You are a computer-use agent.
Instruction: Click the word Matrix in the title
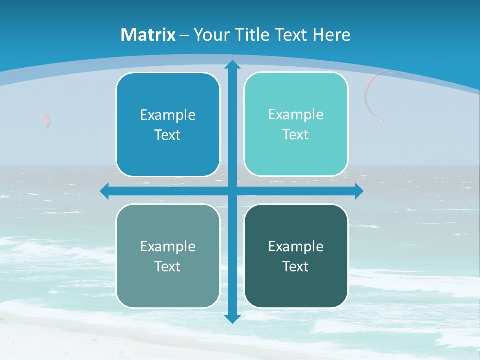pos(148,35)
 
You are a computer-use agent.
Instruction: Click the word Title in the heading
pos(252,35)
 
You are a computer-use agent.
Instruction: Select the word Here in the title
pos(332,35)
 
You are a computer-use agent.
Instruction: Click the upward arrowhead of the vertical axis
pos(232,64)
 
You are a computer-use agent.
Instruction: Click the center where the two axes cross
pos(232,191)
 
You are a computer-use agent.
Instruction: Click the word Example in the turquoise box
pos(296,114)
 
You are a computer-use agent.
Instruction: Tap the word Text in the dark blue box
pos(168,135)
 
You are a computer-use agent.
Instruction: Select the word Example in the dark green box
pos(296,246)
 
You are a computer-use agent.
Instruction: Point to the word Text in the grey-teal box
pos(168,267)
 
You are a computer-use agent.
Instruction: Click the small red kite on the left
pos(45,120)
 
